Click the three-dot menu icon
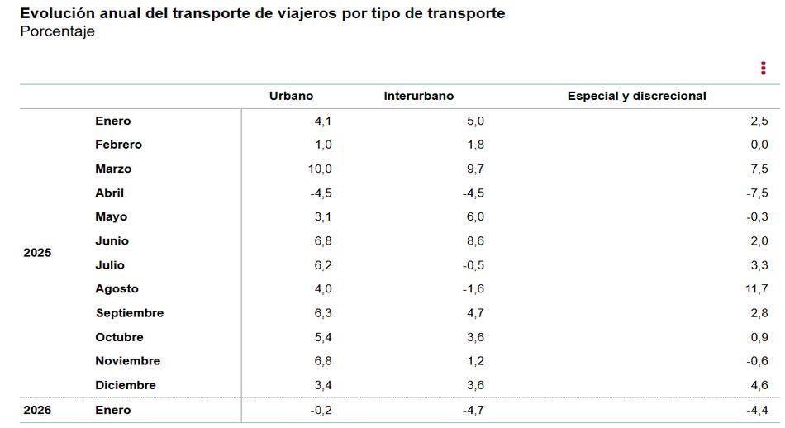pyautogui.click(x=763, y=69)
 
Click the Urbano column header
pyautogui.click(x=291, y=96)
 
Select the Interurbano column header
pyautogui.click(x=418, y=96)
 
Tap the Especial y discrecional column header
pyautogui.click(x=636, y=96)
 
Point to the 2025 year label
pyautogui.click(x=37, y=253)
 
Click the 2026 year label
pyautogui.click(x=37, y=410)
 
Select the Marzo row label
pyautogui.click(x=113, y=169)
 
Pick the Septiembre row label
pyautogui.click(x=130, y=313)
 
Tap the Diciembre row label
pyautogui.click(x=126, y=385)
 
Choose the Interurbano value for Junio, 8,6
pyautogui.click(x=475, y=241)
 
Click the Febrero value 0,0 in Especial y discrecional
pyautogui.click(x=758, y=145)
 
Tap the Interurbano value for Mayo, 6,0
pyautogui.click(x=475, y=216)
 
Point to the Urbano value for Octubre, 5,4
pyautogui.click(x=322, y=337)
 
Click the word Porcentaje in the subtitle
pyautogui.click(x=57, y=31)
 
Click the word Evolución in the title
pyautogui.click(x=53, y=13)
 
